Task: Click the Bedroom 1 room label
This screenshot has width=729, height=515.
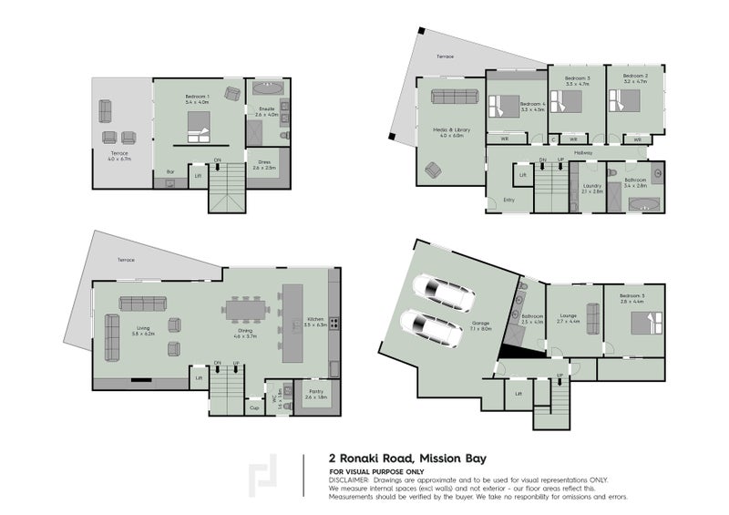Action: coord(197,98)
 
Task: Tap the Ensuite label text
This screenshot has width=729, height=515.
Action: coord(264,111)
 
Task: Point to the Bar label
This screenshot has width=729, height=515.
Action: coord(169,172)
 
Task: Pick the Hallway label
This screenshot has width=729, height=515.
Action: coord(584,152)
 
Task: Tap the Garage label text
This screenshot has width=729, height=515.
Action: coord(480,324)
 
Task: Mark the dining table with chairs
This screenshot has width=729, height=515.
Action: coord(247,311)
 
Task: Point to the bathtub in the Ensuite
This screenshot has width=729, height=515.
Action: coord(266,91)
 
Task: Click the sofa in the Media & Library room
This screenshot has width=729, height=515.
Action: coord(448,98)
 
